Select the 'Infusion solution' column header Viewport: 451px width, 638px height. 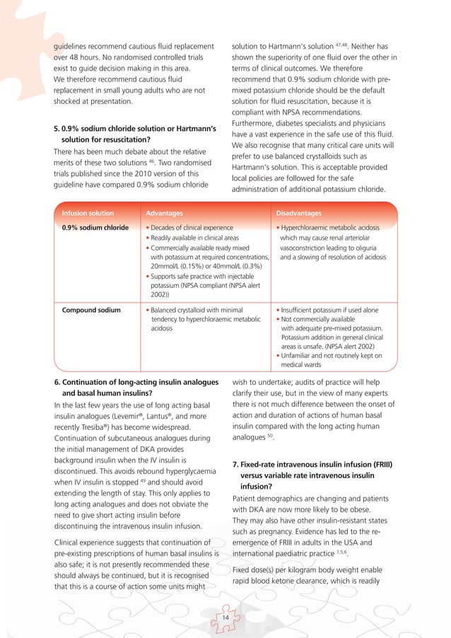[88, 213]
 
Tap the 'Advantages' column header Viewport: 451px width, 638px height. [164, 213]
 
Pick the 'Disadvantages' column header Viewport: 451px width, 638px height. [299, 213]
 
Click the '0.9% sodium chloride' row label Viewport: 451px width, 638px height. [95, 228]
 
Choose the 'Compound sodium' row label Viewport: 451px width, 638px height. [91, 310]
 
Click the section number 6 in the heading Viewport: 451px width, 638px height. [56, 383]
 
